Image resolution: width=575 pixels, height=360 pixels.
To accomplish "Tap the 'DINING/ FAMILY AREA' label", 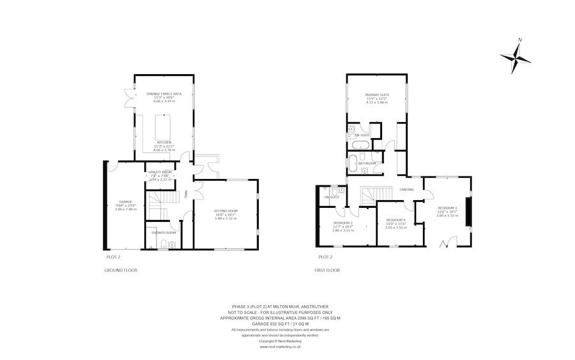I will (x=164, y=94).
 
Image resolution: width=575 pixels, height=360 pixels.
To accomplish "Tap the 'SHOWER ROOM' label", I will (x=160, y=232).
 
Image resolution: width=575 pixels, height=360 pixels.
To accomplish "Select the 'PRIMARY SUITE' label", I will (x=378, y=95).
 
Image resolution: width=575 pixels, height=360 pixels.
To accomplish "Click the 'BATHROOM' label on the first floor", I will (x=367, y=164).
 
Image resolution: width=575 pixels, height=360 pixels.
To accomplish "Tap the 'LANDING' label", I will (x=407, y=189).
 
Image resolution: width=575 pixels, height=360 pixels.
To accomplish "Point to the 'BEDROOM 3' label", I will (x=447, y=208).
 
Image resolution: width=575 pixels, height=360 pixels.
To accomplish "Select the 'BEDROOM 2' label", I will (x=343, y=222).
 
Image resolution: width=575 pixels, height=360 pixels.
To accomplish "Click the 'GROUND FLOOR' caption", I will (x=121, y=270).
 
